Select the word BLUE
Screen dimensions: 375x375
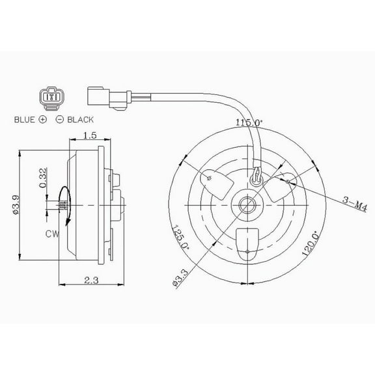pyautogui.click(x=25, y=120)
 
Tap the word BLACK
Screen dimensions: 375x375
pyautogui.click(x=80, y=120)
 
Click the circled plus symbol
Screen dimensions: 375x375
pyautogui.click(x=43, y=120)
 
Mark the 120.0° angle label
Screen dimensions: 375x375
pyautogui.click(x=309, y=242)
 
